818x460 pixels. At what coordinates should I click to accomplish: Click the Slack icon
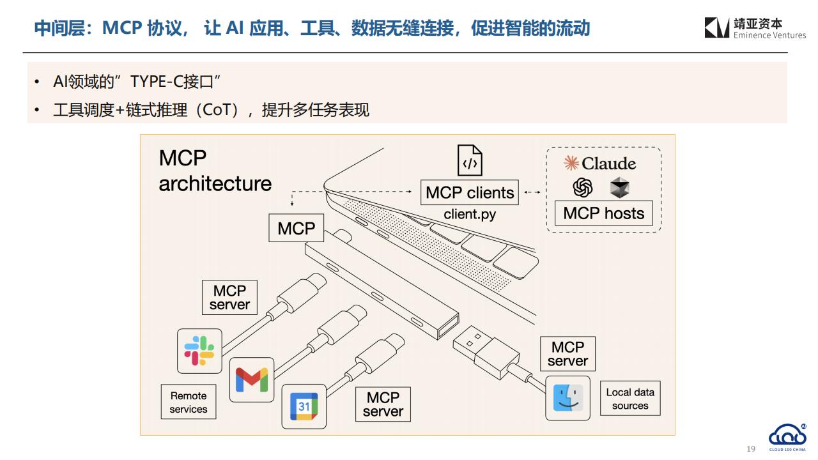tap(199, 351)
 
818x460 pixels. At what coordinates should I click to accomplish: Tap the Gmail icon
tap(252, 379)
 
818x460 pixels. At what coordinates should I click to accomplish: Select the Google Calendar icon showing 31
tap(304, 406)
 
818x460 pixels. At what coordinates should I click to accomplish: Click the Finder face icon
tap(568, 398)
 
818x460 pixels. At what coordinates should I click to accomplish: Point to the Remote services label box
tap(189, 402)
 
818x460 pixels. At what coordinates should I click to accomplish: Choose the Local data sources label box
tap(630, 398)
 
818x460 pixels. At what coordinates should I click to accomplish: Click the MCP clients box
tap(470, 192)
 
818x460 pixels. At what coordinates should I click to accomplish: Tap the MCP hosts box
tap(604, 213)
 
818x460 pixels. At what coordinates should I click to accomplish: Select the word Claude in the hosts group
tap(609, 163)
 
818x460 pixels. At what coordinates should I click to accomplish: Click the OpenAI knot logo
tap(582, 188)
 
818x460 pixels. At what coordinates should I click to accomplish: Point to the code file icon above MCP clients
tap(470, 160)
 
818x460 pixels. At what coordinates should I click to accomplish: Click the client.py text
tap(470, 214)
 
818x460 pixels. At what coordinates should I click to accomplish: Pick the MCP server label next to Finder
tap(568, 354)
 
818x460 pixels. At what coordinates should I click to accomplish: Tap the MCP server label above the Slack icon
tap(229, 298)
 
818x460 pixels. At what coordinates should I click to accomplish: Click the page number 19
tap(751, 448)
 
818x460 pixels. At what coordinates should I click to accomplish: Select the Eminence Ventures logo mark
tap(717, 27)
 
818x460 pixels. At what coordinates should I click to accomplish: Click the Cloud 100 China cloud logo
tap(787, 435)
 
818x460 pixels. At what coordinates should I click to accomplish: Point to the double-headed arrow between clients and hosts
tap(532, 192)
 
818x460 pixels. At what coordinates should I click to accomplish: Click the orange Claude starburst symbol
tap(571, 163)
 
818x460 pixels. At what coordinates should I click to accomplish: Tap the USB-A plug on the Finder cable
tap(486, 351)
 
